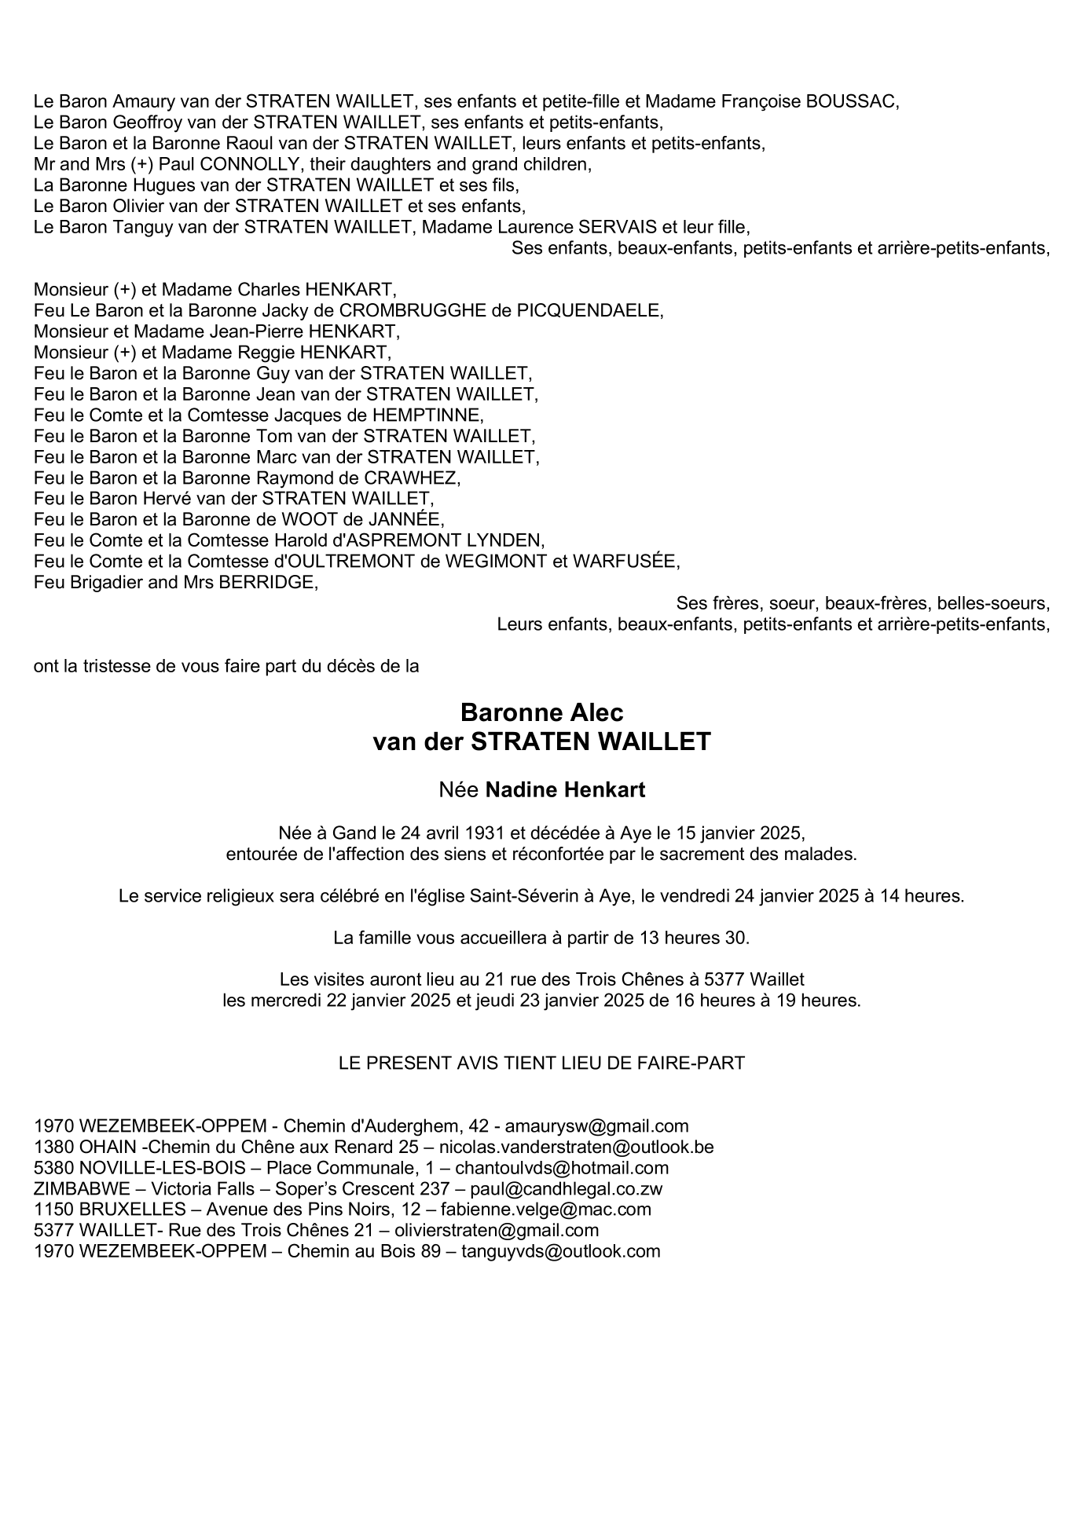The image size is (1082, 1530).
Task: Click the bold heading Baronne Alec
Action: (541, 712)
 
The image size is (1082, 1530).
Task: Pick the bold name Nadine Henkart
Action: (565, 790)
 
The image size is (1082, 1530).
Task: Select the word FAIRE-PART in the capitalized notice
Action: (702, 1063)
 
